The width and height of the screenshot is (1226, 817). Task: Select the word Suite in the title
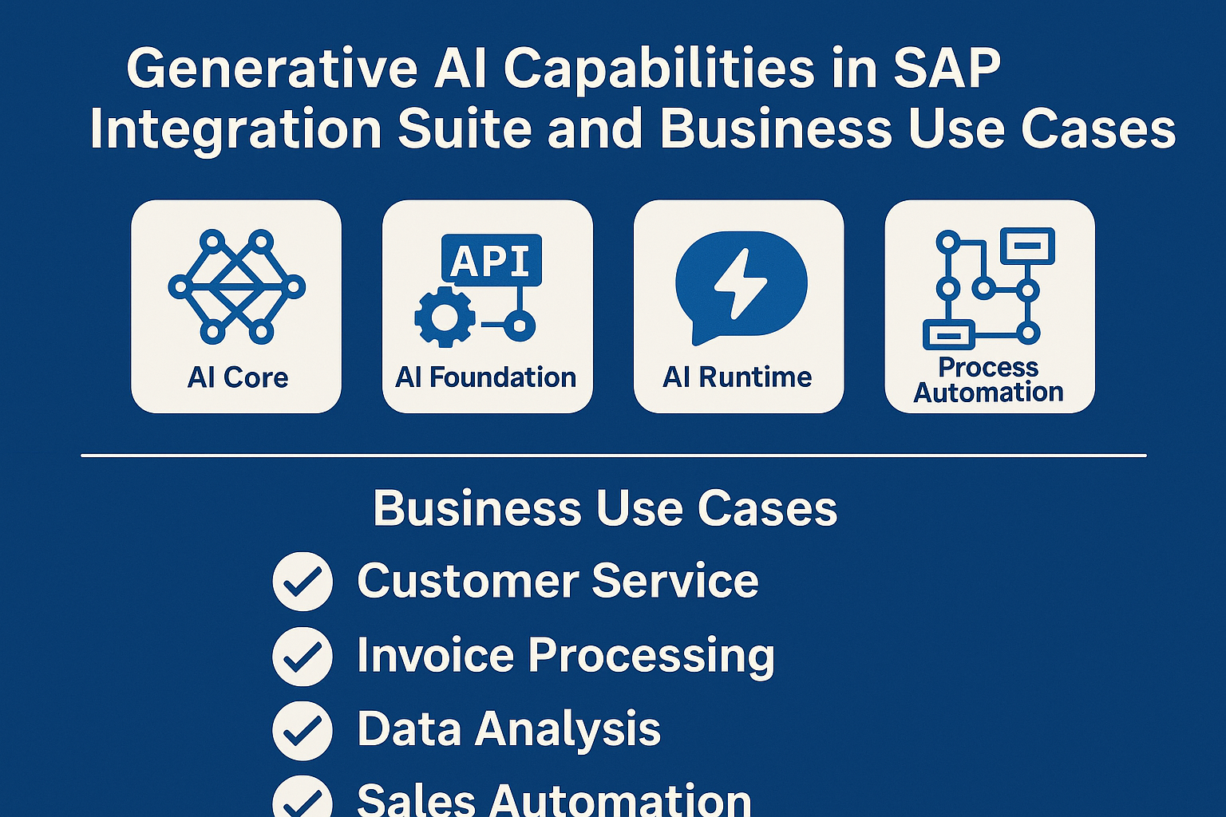[465, 129]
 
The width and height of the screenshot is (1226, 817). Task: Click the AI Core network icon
[236, 286]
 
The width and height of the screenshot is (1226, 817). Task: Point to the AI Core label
[237, 377]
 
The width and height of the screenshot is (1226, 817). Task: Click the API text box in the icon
[491, 260]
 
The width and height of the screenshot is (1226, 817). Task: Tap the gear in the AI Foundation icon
[444, 318]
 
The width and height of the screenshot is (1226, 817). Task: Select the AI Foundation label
[486, 377]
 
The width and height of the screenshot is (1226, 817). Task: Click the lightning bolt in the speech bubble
[740, 283]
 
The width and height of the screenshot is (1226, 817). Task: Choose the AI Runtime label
[738, 377]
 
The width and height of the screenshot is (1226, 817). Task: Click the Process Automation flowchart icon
[988, 288]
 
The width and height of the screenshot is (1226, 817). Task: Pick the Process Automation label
[988, 380]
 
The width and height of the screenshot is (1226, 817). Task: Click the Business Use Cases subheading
[605, 509]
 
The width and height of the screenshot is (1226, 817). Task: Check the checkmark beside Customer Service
[303, 582]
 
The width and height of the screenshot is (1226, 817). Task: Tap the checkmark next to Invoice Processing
[303, 656]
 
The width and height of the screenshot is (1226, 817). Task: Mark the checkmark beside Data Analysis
[303, 730]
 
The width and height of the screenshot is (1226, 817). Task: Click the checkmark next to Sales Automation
[303, 799]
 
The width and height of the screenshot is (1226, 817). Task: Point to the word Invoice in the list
[435, 656]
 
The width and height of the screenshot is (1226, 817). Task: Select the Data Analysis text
[508, 730]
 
